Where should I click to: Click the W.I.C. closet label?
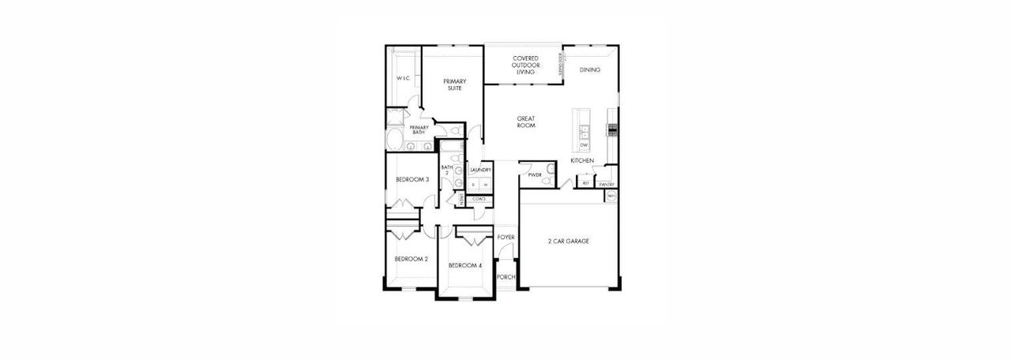(402, 78)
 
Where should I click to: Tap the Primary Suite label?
(454, 84)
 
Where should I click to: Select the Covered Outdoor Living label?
(525, 65)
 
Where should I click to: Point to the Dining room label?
(589, 70)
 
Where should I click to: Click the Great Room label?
(526, 122)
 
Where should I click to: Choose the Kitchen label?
(582, 161)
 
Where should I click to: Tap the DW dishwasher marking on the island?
(584, 145)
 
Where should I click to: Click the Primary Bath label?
(419, 129)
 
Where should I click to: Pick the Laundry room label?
(480, 170)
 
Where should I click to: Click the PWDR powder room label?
(535, 174)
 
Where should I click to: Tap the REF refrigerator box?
(585, 183)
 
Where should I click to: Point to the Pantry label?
(607, 184)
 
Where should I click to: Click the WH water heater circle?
(611, 196)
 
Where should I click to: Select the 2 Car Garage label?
(569, 241)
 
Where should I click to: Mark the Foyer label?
(505, 237)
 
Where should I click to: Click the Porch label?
(505, 277)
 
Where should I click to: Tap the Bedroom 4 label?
(465, 265)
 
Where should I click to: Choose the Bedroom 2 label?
(412, 259)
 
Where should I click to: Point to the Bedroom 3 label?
(412, 179)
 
